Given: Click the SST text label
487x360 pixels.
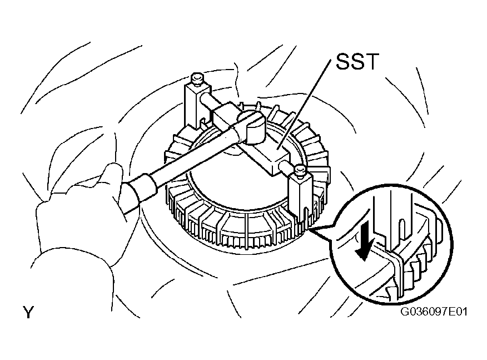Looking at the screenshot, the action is pos(357,62).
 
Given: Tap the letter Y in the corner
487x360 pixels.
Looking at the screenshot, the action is pos(28,312).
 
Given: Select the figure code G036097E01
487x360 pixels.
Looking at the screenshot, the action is pos(434,312).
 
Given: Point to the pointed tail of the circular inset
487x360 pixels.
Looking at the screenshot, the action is pos(311,230).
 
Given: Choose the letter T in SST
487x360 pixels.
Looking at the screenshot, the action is pos(372,62).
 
